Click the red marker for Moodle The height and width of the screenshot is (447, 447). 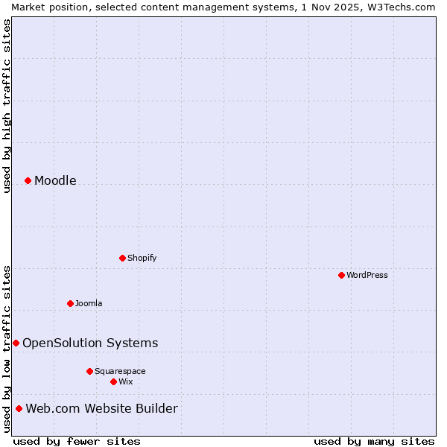[28, 180]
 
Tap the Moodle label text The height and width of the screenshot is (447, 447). [55, 180]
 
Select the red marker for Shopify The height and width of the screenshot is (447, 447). [122, 258]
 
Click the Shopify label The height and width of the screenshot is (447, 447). [142, 258]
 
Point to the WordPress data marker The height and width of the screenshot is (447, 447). [341, 275]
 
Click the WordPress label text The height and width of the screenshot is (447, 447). [367, 275]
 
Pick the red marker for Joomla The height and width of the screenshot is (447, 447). [70, 303]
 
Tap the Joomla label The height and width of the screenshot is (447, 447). [89, 303]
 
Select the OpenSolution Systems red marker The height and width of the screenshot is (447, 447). [16, 343]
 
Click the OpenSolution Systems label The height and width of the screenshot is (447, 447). [90, 343]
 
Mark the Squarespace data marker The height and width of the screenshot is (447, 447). [89, 371]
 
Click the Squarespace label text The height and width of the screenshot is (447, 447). [120, 371]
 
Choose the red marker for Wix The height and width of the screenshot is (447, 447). [113, 381]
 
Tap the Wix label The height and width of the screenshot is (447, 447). [126, 381]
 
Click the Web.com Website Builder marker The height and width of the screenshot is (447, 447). [19, 408]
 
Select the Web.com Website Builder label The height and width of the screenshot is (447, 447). [101, 408]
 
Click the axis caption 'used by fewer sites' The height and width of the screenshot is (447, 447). [77, 441]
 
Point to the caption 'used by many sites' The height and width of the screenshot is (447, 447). [374, 441]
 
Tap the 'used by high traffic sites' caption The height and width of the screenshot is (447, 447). [7, 106]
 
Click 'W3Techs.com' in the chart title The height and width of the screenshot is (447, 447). [405, 7]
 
